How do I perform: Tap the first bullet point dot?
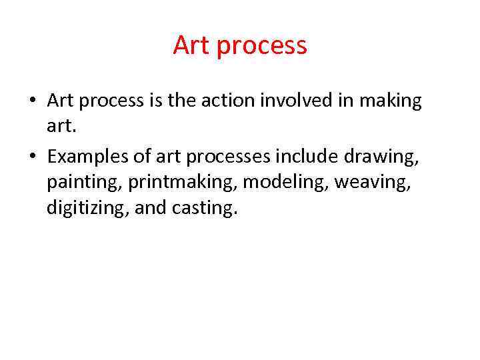tap(32, 102)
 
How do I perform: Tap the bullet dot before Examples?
tap(32, 157)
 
